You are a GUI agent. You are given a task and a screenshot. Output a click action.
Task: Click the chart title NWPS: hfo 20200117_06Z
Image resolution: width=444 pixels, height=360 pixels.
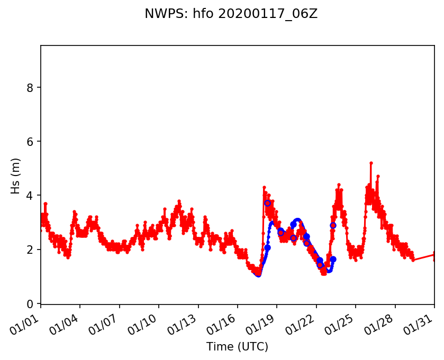(231, 14)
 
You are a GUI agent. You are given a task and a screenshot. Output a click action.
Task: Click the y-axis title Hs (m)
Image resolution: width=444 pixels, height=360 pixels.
(16, 176)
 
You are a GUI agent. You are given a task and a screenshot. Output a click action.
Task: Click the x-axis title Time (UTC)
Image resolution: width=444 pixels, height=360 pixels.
(237, 347)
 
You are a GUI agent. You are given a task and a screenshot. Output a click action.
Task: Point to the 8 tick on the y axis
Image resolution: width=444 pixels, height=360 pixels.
(30, 87)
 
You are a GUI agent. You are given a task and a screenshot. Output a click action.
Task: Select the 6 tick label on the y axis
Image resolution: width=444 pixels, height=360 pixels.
(30, 141)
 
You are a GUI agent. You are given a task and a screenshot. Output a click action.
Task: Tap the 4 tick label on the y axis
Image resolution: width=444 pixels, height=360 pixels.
(30, 196)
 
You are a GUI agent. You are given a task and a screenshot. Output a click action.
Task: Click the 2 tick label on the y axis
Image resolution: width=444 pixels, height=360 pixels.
(30, 250)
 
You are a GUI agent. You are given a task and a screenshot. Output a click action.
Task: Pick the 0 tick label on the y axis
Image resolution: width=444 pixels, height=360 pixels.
(30, 303)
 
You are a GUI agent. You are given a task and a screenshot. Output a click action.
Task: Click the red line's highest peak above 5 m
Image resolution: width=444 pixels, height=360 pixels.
(371, 163)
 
